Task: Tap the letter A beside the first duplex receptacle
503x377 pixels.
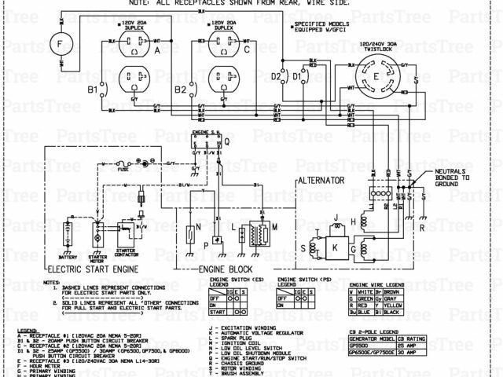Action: (x=156, y=49)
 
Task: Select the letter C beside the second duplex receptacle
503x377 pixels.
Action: (x=247, y=49)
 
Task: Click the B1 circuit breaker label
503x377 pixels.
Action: (x=92, y=90)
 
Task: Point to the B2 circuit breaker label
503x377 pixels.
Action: (x=182, y=90)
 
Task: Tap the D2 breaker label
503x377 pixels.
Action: (x=275, y=77)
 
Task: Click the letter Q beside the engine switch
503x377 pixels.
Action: (x=227, y=141)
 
